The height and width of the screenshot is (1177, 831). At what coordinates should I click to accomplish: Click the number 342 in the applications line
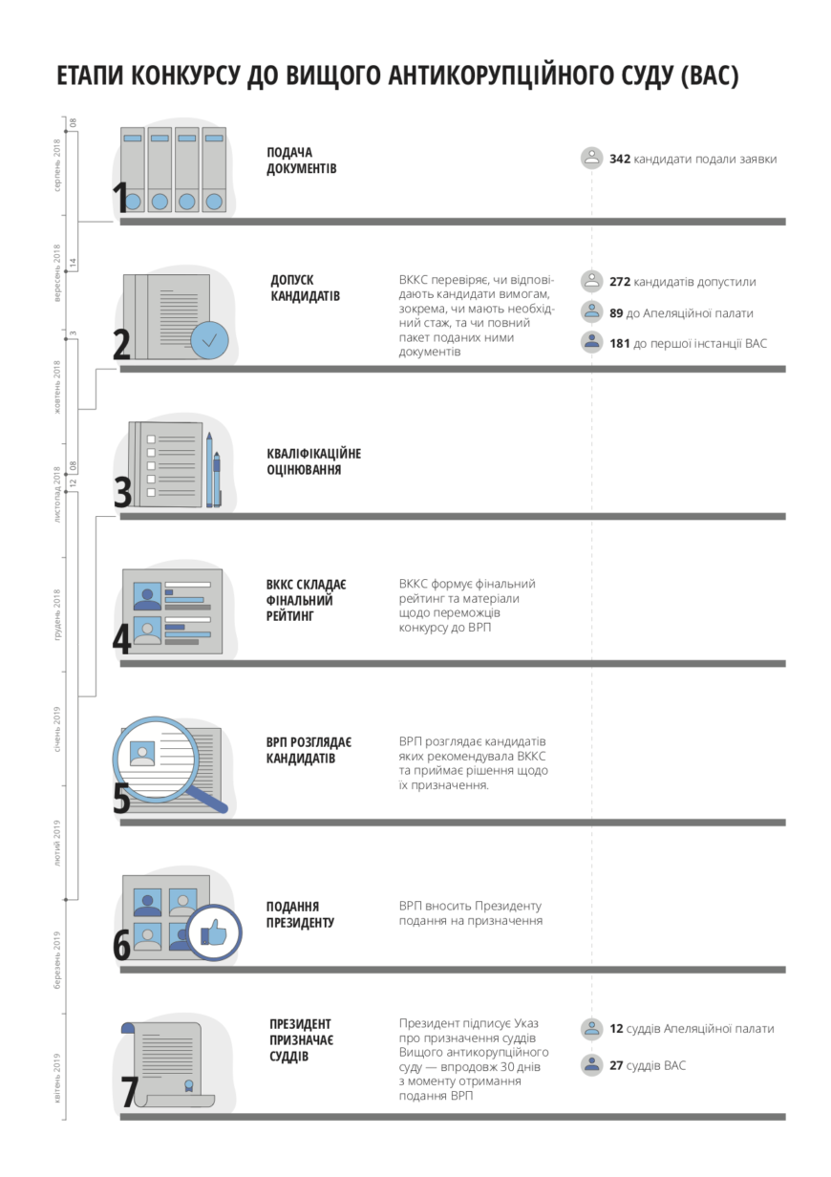point(619,159)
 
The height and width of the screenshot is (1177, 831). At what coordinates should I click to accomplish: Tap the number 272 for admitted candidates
point(619,282)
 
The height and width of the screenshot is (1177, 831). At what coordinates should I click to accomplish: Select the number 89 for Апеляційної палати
point(616,313)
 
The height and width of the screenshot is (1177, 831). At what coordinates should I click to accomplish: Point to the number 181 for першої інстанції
point(619,343)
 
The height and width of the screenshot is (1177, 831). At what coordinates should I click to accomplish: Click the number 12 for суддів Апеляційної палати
point(616,1028)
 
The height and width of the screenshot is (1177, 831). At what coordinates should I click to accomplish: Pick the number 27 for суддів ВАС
point(616,1065)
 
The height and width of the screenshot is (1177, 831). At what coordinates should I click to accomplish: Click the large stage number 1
point(120,197)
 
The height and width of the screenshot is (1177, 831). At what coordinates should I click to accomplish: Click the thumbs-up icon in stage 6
point(213,933)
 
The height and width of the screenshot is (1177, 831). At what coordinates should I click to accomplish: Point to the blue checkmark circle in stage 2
point(209,340)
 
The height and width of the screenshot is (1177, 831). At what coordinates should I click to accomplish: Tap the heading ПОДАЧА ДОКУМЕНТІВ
point(301,160)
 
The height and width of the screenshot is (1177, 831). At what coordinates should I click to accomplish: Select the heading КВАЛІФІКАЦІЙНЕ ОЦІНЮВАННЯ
point(313,461)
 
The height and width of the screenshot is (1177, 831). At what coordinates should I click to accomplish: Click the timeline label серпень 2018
point(56,165)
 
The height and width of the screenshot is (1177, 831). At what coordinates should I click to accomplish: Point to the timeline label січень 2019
point(56,729)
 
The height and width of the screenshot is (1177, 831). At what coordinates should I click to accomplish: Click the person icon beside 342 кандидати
point(592,159)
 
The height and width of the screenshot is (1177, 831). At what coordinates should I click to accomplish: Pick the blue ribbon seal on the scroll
point(188,1085)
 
